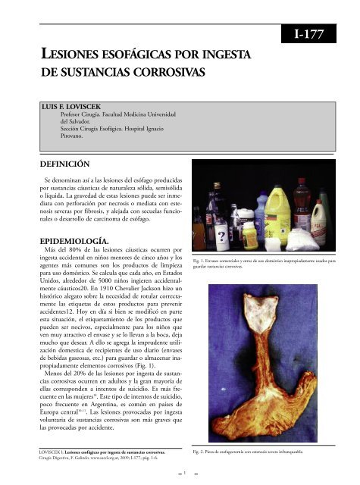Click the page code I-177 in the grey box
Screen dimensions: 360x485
318,33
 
